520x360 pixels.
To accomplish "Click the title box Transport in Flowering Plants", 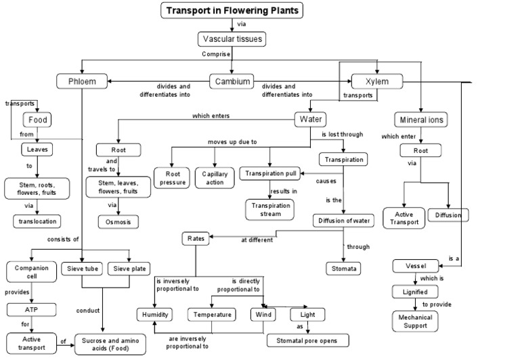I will [232, 10].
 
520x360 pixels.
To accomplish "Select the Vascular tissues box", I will [232, 40].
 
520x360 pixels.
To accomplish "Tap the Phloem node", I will [81, 82].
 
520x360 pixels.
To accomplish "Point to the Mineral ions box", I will [422, 120].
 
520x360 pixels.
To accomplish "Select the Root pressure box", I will [172, 177].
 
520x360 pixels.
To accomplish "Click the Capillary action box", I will [215, 177].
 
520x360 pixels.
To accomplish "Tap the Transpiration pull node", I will [269, 174].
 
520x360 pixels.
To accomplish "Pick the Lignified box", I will [416, 291].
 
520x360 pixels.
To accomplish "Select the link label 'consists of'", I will [63, 240].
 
